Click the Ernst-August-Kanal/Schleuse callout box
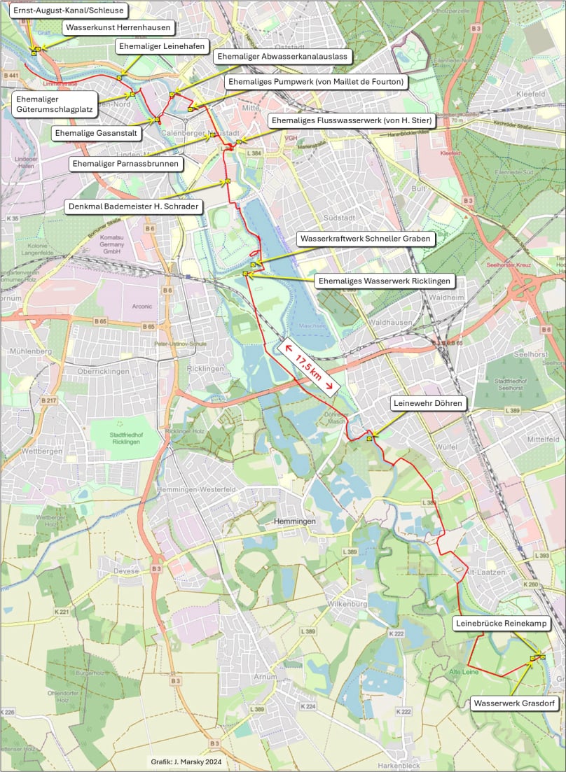64,10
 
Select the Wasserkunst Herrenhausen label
119,28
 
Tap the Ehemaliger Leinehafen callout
163,46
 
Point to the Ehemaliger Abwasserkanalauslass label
282,56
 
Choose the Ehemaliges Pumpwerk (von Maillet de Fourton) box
316,82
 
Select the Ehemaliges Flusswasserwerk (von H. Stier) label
351,121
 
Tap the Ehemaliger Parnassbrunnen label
126,164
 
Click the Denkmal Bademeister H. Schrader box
133,206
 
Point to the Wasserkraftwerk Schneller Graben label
366,239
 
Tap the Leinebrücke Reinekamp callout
500,623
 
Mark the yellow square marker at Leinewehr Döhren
369,439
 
